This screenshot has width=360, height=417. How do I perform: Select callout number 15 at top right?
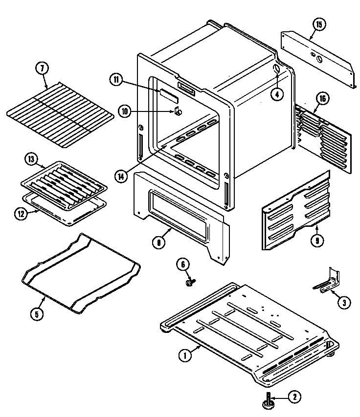coord(318,24)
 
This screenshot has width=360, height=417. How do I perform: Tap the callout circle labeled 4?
coord(277,94)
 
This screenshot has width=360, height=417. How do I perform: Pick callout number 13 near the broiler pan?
coord(31,159)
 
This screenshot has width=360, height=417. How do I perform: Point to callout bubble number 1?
coord(184,356)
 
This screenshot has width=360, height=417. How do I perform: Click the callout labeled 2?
coord(294,397)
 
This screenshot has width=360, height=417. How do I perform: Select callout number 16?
coord(321,98)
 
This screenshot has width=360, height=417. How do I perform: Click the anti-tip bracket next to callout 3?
coord(326,284)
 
